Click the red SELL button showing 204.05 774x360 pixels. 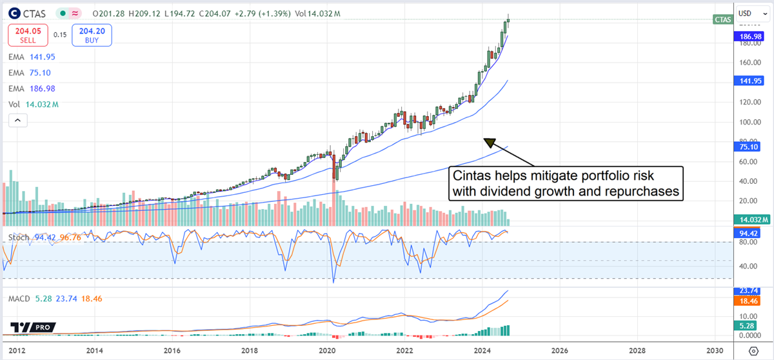[x=26, y=35]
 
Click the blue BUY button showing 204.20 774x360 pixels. [x=92, y=35]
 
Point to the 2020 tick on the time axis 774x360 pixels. [x=328, y=350]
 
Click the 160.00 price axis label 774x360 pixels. [x=748, y=63]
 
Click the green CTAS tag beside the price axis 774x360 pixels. [x=722, y=20]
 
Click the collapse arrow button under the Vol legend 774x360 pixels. [x=16, y=121]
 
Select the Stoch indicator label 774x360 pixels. [x=19, y=238]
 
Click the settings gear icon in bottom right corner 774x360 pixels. [x=753, y=350]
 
